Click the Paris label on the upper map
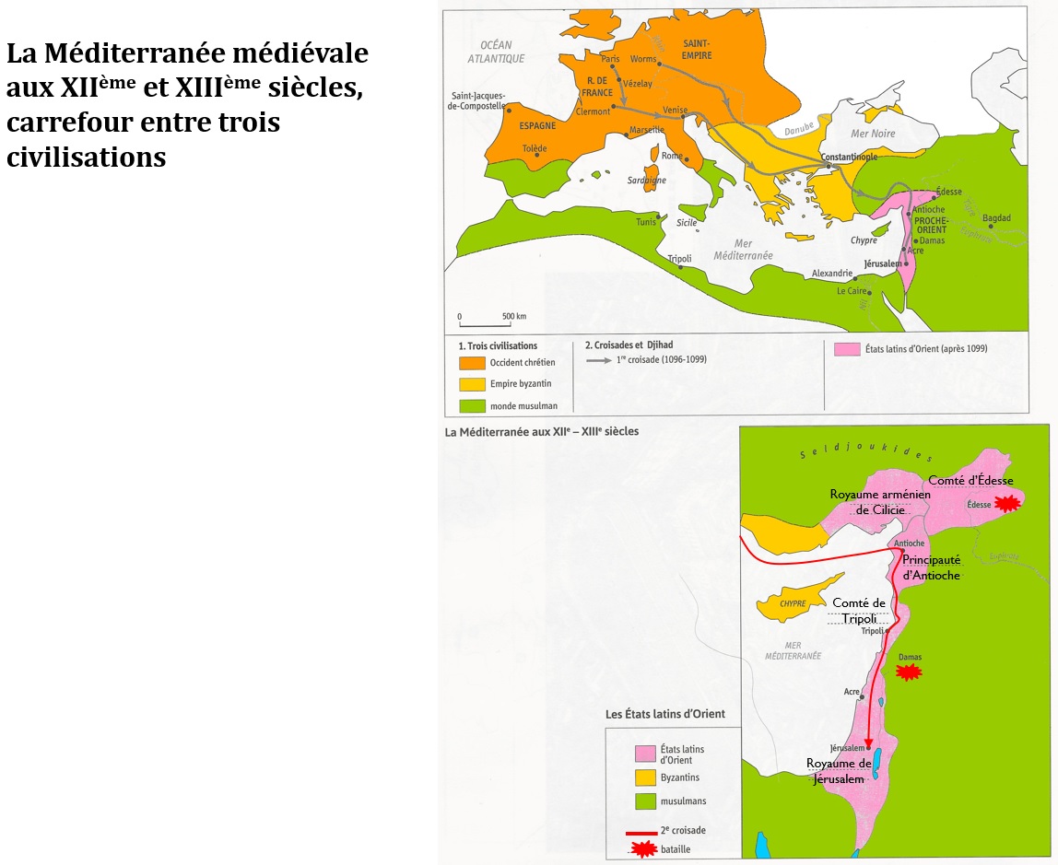[609, 58]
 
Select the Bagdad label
[996, 218]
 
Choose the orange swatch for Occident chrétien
[472, 363]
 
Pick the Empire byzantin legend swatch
[472, 384]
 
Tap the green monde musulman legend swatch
[472, 406]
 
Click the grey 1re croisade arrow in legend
[599, 360]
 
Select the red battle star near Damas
[909, 672]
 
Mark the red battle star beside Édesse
[1007, 503]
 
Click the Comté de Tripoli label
[859, 611]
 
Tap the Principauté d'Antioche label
[931, 567]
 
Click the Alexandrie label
[832, 274]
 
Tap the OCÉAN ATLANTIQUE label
[501, 52]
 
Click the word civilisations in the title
[87, 157]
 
